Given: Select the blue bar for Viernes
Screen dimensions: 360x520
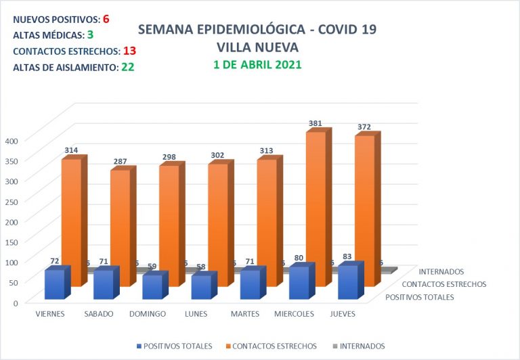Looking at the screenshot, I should click(54, 284).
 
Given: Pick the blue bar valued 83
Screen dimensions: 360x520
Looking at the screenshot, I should click(347, 282).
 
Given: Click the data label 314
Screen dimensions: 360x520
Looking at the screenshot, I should click(70, 150).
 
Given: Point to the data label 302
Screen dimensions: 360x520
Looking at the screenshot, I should click(217, 155).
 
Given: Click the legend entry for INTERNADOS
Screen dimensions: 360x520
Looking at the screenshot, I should click(358, 346).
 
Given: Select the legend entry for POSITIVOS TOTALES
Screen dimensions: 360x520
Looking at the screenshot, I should click(174, 346).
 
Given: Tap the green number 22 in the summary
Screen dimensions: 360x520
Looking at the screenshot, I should click(127, 66).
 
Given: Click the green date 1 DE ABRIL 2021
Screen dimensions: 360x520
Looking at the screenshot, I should click(257, 65).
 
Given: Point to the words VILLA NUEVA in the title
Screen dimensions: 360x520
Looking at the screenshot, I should click(257, 47).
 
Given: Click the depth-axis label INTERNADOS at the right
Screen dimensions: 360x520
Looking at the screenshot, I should click(441, 272).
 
